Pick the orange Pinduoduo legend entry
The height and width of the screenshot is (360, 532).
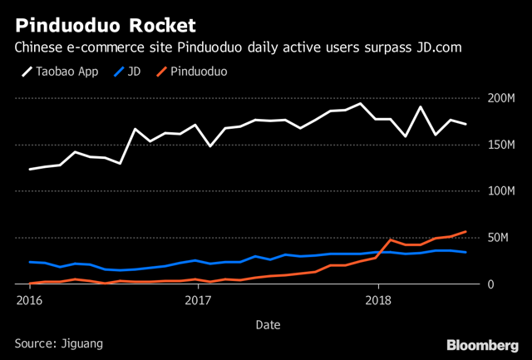(196, 72)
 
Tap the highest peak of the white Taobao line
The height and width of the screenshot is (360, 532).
(360, 104)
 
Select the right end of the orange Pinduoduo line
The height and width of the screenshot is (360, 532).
(465, 231)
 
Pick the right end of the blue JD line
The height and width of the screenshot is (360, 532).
(465, 252)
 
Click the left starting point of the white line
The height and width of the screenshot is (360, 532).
(30, 170)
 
